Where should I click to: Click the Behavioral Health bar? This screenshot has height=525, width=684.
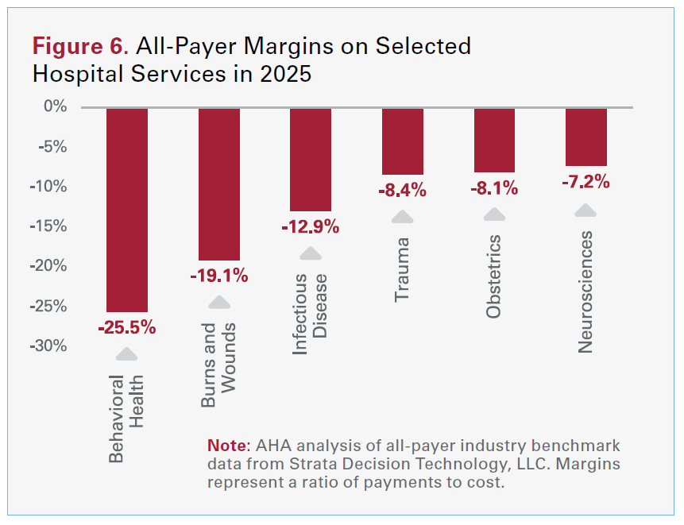(x=127, y=210)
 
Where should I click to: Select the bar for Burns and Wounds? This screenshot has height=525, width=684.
(x=219, y=184)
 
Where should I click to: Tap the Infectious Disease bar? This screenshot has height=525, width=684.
(x=311, y=159)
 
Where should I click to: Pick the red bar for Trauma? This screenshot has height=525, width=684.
(x=403, y=141)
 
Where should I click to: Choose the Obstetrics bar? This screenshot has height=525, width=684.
(x=494, y=140)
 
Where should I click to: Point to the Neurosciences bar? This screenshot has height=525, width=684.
(x=586, y=137)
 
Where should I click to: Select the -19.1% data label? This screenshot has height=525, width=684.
(x=219, y=276)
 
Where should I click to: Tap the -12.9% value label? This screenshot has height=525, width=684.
(x=311, y=226)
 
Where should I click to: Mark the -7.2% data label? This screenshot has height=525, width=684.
(x=586, y=182)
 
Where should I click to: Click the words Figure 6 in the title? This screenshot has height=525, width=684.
(x=79, y=46)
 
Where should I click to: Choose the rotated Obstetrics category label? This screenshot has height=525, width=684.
(x=494, y=276)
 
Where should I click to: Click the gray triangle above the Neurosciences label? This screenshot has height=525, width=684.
(x=585, y=211)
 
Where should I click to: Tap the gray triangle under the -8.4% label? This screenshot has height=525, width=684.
(x=403, y=217)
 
